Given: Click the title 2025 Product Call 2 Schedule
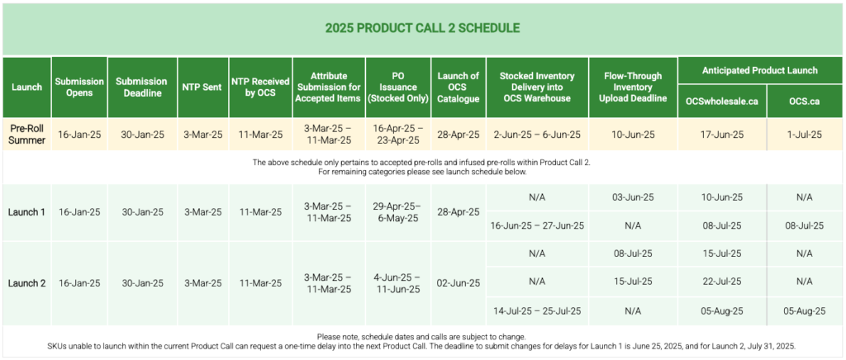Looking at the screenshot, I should tap(422, 28).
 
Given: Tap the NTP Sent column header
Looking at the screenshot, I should tap(202, 87).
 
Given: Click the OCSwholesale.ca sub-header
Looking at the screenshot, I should tap(721, 101).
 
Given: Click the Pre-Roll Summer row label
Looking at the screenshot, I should tap(26, 134).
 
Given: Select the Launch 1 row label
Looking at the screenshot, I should tap(26, 212).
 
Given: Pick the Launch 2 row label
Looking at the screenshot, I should tap(26, 283).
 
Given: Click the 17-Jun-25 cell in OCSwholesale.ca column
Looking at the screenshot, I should tap(721, 135).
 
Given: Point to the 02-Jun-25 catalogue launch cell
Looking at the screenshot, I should tap(458, 283).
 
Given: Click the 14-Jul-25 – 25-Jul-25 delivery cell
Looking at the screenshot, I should tap(537, 311).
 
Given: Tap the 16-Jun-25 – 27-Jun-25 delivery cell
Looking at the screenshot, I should tap(537, 225).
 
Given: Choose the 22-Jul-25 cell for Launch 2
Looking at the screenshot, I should tap(721, 282).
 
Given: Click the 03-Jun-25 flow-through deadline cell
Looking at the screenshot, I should tap(634, 197).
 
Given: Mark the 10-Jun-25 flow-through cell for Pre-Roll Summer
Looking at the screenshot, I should tap(634, 135).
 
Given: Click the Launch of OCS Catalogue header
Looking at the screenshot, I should tap(458, 87).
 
